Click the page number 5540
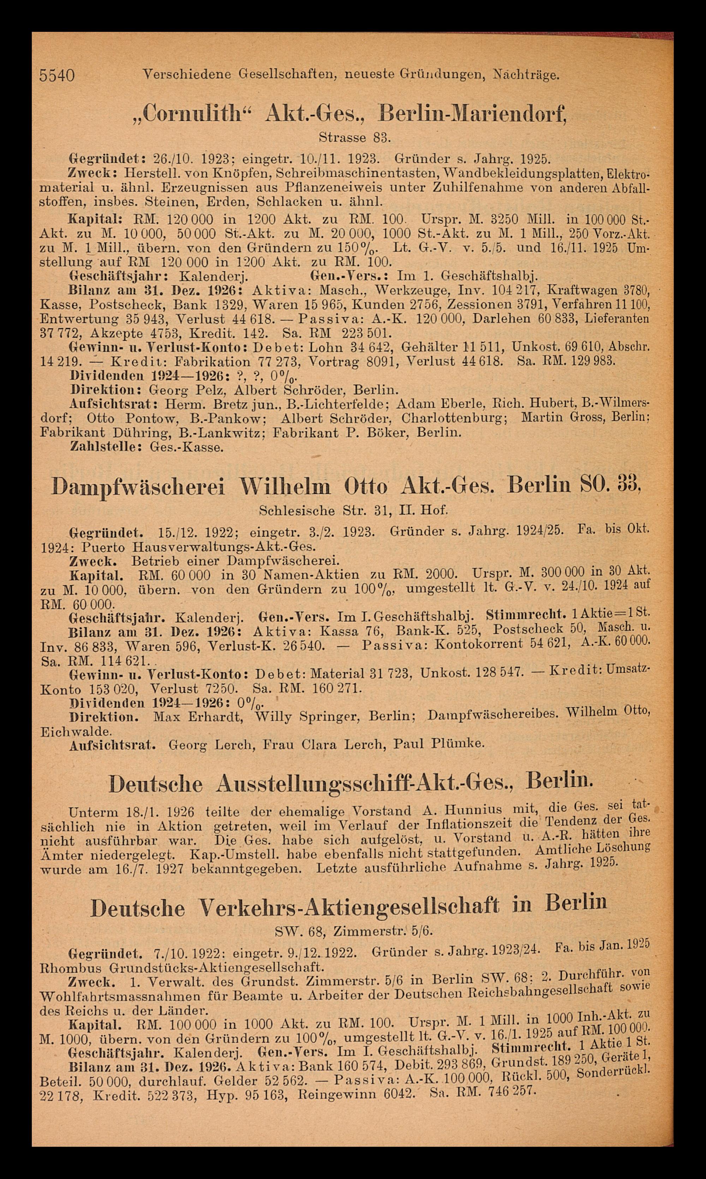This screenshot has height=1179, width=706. click(x=57, y=75)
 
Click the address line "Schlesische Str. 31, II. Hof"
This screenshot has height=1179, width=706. click(x=353, y=511)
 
